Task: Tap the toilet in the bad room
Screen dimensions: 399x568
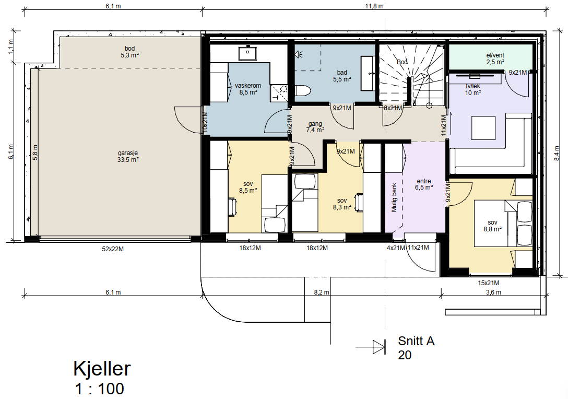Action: pos(302,90)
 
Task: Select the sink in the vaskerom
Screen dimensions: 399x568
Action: pos(245,53)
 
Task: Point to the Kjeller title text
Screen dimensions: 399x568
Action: pos(102,369)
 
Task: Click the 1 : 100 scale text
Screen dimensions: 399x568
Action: pos(99,389)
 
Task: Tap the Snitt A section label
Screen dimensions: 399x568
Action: pos(416,342)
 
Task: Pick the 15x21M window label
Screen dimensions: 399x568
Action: pos(489,283)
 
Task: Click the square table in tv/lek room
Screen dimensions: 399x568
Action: pos(483,128)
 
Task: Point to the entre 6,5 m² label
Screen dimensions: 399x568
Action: pos(424,184)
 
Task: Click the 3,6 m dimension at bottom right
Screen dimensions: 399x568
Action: pos(493,292)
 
